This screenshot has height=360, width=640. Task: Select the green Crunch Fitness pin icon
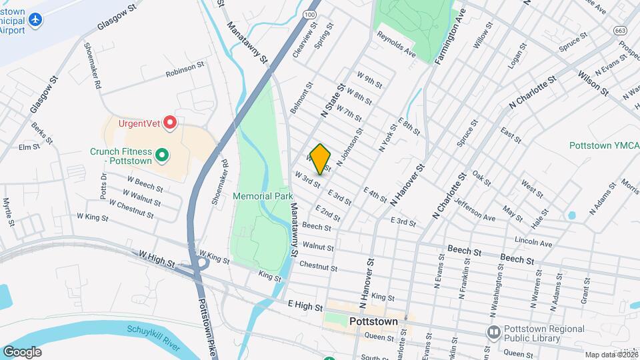click(x=161, y=156)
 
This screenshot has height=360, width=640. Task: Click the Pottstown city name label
click(x=373, y=321)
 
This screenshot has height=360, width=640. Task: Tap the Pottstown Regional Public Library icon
click(x=494, y=331)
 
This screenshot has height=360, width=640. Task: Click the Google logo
click(x=22, y=351)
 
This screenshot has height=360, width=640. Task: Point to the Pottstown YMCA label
click(x=604, y=145)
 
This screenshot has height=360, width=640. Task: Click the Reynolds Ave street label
click(x=396, y=45)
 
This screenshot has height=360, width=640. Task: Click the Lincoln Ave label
click(x=533, y=241)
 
